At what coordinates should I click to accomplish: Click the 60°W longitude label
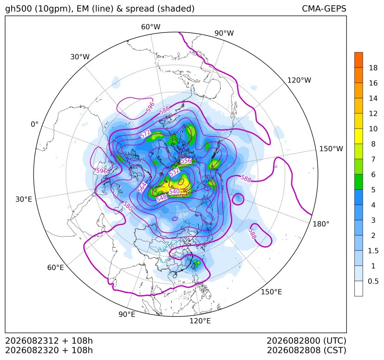pos(150,27)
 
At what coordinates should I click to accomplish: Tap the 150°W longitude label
pos(331,148)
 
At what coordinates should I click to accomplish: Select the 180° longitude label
pos(321,224)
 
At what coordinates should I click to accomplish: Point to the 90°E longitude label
pos(127,314)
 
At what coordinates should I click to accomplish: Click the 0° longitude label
pos(34,124)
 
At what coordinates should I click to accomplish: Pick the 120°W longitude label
pos(299,80)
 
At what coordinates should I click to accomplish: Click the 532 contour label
pos(174,172)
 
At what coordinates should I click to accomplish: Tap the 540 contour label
pos(175,191)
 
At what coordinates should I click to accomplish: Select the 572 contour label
pos(145,134)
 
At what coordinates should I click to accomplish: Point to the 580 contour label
pos(127,206)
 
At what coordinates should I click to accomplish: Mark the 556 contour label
pos(186,161)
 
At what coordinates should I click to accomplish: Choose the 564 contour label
pos(142,187)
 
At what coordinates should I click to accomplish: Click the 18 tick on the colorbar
pos(373,68)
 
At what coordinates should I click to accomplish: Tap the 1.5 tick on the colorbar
pos(373,251)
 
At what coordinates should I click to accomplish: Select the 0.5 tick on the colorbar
pos(373,281)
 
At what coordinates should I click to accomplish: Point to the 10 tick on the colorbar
pos(373,129)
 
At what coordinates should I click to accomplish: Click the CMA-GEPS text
pos(324,8)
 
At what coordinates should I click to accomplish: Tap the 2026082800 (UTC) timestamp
pos(306,341)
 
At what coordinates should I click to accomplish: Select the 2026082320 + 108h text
pos(49,350)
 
